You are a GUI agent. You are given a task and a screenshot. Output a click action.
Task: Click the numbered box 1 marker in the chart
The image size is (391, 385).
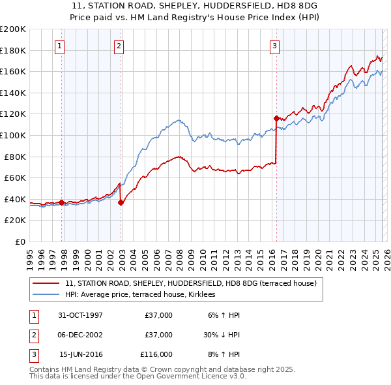click(59, 46)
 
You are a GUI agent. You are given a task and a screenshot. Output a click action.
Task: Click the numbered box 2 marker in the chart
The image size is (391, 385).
click(119, 46)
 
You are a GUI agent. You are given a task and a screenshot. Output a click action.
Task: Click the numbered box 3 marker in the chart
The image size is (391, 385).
click(274, 46)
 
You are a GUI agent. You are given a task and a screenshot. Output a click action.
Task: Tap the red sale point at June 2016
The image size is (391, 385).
click(276, 118)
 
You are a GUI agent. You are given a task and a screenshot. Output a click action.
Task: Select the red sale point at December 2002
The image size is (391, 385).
click(121, 202)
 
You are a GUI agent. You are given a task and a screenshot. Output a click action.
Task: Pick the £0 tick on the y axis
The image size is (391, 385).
click(21, 241)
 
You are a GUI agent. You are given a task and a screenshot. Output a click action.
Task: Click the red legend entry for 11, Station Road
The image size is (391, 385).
click(190, 283)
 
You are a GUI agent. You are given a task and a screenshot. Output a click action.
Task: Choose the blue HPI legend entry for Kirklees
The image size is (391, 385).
click(145, 295)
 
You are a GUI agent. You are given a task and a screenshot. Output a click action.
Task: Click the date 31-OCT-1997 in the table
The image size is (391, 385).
click(80, 315)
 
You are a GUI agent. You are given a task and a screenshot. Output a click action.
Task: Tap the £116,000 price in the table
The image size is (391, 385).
click(156, 354)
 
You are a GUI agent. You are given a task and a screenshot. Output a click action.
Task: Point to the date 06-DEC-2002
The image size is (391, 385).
click(80, 335)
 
